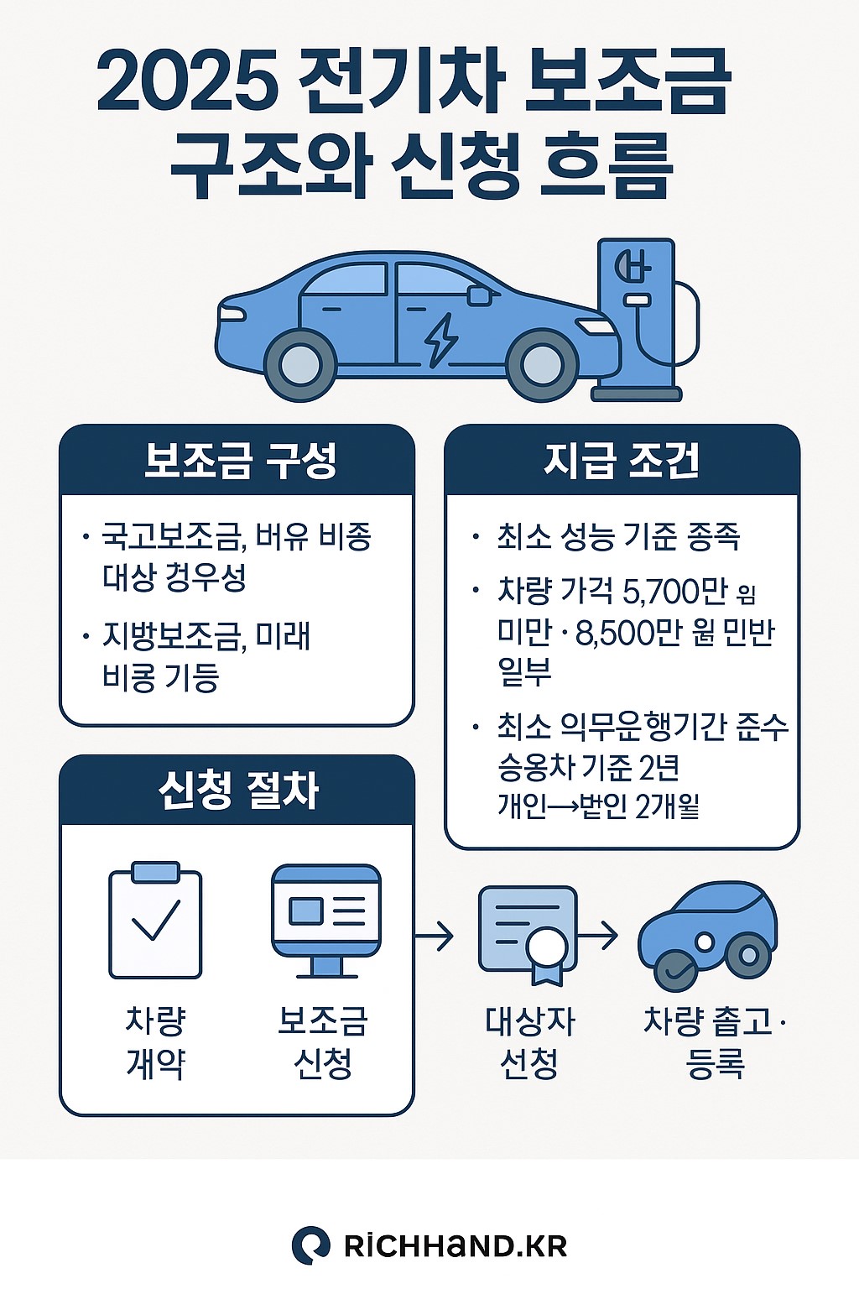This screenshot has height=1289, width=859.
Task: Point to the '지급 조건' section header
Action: click(622, 461)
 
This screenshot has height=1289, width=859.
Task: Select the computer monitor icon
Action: click(326, 920)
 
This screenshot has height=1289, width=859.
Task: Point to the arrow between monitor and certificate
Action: click(435, 934)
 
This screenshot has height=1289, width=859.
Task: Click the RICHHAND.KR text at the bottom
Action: click(456, 1245)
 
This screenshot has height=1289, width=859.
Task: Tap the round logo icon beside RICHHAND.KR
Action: click(310, 1245)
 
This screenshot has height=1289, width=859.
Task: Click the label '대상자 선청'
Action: click(530, 1042)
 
